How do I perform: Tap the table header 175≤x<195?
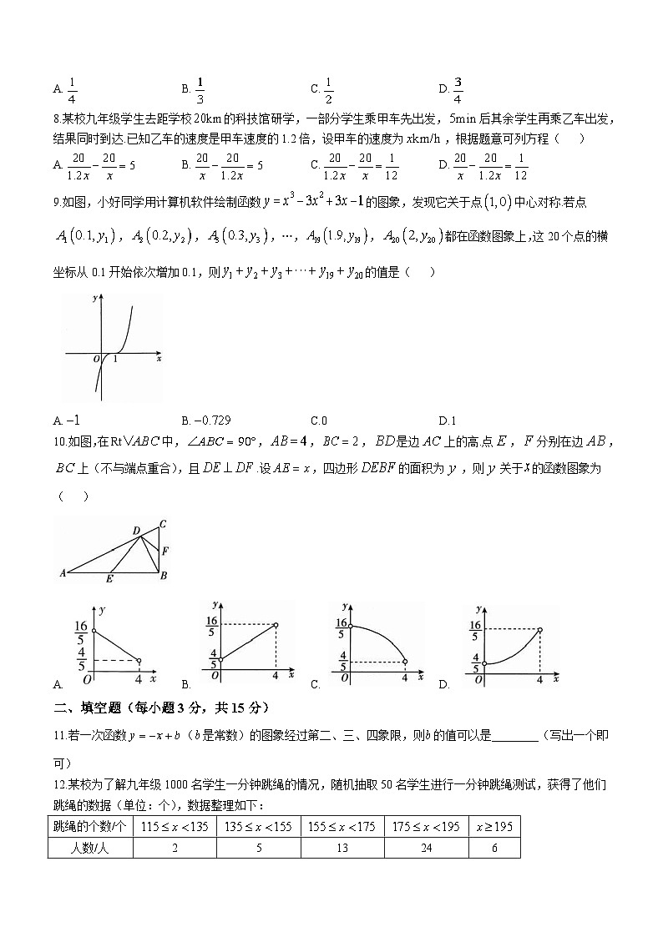427,827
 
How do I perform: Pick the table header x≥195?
494,827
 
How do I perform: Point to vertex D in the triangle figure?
136,530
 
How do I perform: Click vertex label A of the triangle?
63,574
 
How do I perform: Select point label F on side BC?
165,551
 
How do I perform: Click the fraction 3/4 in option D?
458,88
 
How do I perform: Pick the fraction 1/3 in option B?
200,88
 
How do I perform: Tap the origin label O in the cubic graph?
96,359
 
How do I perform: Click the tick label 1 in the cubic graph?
114,359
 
